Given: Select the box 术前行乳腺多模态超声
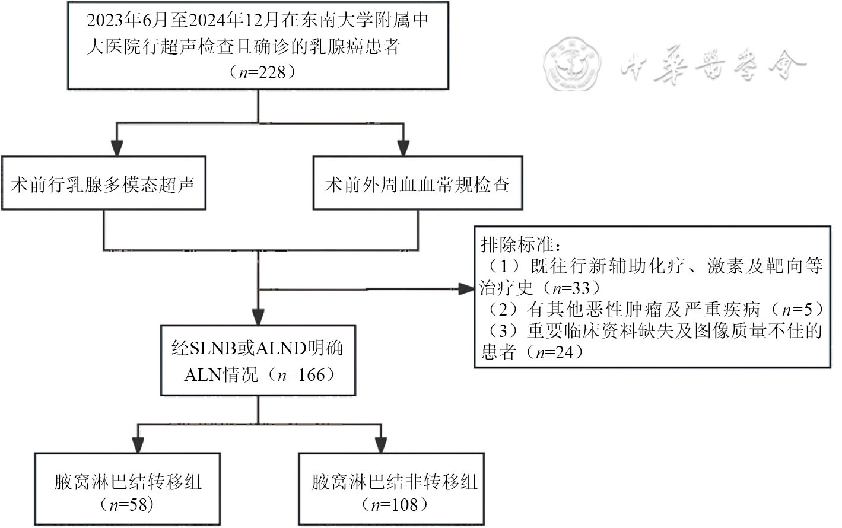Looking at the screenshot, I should pos(103,183).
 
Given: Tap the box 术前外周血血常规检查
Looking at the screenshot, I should pos(417,183).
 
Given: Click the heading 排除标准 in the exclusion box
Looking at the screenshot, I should pos(516,244).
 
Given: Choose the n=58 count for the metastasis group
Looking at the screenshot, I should pos(128,505).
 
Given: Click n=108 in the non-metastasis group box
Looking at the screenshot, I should pos(395,505).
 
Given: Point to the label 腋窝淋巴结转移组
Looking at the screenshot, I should pos(128,482).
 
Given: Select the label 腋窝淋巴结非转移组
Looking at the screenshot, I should pos(395,482).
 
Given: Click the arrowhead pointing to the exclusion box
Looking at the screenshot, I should pos(466,290).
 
